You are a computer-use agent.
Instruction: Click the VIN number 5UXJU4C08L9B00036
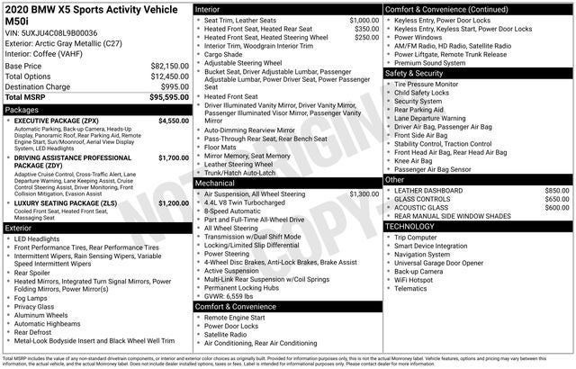[68, 32]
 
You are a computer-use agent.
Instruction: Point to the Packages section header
[22, 110]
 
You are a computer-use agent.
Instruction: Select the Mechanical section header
[216, 183]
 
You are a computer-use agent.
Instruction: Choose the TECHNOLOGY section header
[409, 226]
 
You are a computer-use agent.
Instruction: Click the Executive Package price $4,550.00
[173, 120]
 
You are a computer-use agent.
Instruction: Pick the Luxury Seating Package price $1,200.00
[173, 203]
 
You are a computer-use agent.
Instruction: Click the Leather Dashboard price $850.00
[556, 191]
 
